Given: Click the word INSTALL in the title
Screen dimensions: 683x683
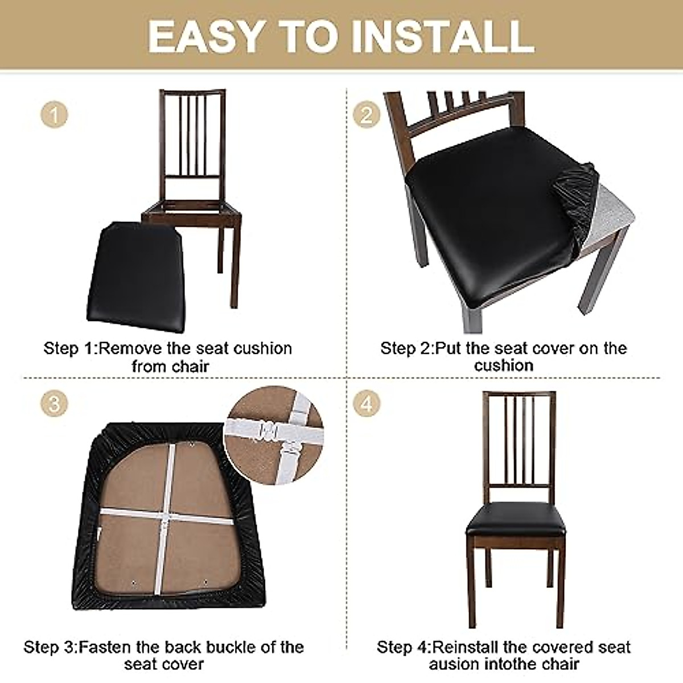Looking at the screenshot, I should [x=442, y=36].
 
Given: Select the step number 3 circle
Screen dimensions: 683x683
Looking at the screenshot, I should [x=54, y=405].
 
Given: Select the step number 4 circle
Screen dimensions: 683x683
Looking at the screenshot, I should [x=367, y=405].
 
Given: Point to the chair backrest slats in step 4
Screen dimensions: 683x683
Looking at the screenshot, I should [x=519, y=438].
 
